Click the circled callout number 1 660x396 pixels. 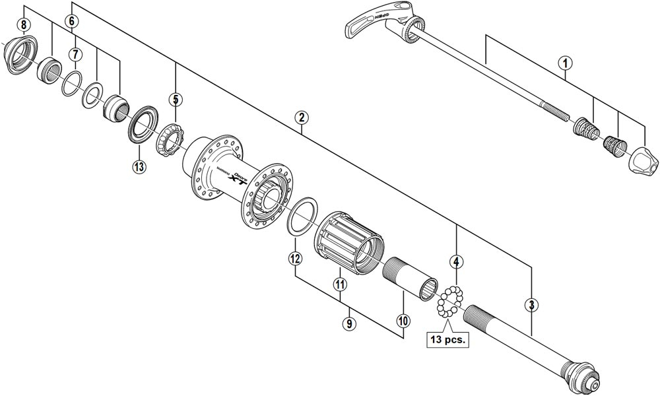point(564,63)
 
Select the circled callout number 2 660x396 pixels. point(301,118)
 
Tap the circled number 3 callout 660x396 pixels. point(531,305)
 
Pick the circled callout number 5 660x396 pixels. point(175,100)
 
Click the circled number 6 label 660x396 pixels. point(71,21)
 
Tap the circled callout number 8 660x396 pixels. point(24,25)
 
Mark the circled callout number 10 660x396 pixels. point(403,321)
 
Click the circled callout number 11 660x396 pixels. point(340,285)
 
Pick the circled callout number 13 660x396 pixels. point(139,166)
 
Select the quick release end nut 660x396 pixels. point(643,159)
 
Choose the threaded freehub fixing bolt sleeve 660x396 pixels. point(413,271)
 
